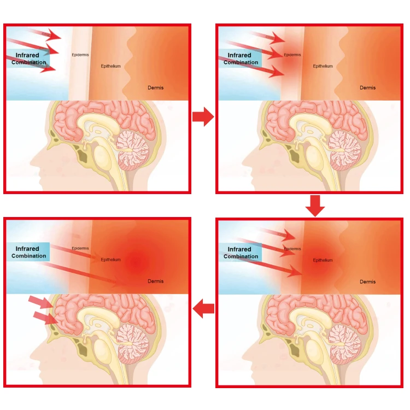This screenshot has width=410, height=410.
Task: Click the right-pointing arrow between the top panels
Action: tap(203, 116)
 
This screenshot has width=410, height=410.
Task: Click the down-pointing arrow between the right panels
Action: tap(315, 205)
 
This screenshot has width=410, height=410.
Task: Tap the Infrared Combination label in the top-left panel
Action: tap(28, 58)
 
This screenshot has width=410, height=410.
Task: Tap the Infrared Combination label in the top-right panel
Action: tap(241, 58)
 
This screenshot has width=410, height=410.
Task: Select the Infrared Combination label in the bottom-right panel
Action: tap(241, 253)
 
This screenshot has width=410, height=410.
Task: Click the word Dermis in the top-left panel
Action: tap(155, 87)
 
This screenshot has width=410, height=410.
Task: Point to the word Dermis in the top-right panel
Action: tap(367, 87)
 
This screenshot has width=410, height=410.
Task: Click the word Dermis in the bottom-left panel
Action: tap(155, 282)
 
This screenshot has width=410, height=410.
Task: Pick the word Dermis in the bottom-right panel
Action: tap(367, 282)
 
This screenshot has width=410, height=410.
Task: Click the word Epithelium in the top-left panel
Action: tap(110, 66)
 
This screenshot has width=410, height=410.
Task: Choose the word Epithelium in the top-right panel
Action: tap(323, 66)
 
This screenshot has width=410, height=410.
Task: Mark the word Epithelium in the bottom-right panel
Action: tap(323, 260)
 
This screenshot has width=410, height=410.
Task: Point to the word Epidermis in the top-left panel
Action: tap(80, 55)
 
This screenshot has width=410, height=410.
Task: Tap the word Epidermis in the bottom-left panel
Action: tap(80, 248)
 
